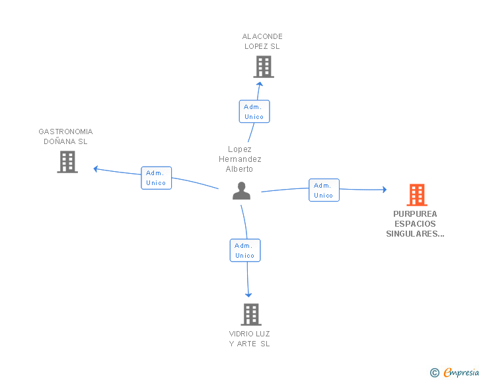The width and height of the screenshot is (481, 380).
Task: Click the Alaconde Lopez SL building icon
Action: [x=263, y=67]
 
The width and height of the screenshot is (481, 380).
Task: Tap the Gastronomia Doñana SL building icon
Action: [x=67, y=162]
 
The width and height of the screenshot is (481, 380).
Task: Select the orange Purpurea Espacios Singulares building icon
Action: [x=416, y=195]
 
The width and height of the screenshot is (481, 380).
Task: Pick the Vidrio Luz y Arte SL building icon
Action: [x=250, y=315]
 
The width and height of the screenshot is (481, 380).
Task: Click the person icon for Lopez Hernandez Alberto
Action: [x=242, y=191]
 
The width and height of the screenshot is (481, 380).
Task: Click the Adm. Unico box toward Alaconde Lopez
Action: [x=254, y=112]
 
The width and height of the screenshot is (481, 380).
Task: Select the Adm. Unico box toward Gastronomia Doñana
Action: [x=156, y=178]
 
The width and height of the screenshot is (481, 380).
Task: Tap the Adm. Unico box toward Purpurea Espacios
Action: [x=324, y=190]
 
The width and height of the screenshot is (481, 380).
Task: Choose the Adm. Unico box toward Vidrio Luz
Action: [x=245, y=250]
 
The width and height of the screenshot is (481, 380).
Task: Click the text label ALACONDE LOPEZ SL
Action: [x=262, y=42]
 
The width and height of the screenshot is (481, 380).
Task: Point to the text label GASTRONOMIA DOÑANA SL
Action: [x=65, y=137]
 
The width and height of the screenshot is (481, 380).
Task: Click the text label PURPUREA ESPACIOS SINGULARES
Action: [x=415, y=223]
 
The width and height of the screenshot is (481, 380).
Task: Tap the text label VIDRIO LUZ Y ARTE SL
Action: [x=250, y=338]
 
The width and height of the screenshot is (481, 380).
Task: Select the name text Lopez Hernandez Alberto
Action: [x=240, y=159]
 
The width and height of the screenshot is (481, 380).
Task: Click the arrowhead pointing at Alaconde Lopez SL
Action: [x=260, y=83]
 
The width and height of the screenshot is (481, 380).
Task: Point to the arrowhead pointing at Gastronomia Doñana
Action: [x=96, y=169]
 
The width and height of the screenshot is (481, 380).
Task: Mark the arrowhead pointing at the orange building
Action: [x=384, y=190]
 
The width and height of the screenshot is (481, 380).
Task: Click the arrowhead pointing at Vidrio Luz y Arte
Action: [x=249, y=295]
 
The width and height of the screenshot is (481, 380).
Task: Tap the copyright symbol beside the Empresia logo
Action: [x=434, y=373]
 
